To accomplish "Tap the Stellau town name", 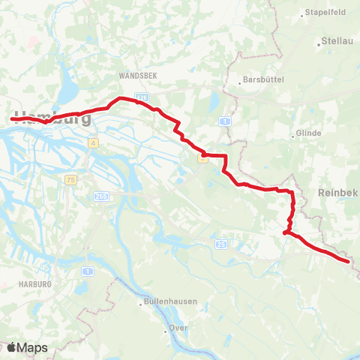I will [337, 40].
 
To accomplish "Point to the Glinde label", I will [310, 133].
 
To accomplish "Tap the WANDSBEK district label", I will [136, 76].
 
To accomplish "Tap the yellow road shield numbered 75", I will [70, 180].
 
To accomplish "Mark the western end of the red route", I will [13, 118].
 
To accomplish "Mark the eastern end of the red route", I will [349, 262].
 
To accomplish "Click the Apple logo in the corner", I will [11, 347].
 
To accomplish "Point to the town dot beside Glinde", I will [292, 136].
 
